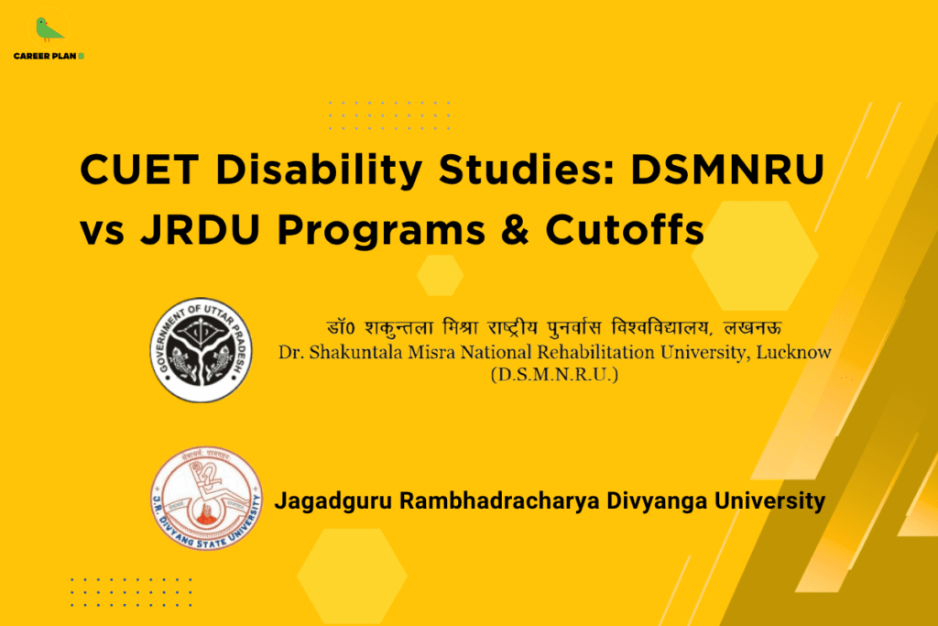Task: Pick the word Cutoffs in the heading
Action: point(626,231)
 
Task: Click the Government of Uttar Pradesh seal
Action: point(201,349)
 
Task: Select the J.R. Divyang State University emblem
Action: point(206,499)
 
